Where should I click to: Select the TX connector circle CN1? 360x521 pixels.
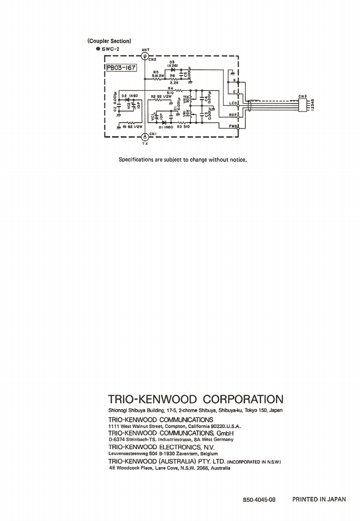coord(145,136)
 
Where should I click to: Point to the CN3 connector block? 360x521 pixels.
coord(307,104)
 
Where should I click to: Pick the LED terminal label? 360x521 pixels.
coord(233,103)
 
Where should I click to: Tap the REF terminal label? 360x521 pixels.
coord(233,114)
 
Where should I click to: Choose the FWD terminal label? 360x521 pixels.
coord(233,126)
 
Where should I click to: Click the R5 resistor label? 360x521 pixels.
coord(156,72)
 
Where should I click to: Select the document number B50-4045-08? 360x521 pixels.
coord(259,500)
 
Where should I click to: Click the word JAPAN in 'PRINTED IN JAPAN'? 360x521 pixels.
coord(336,500)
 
